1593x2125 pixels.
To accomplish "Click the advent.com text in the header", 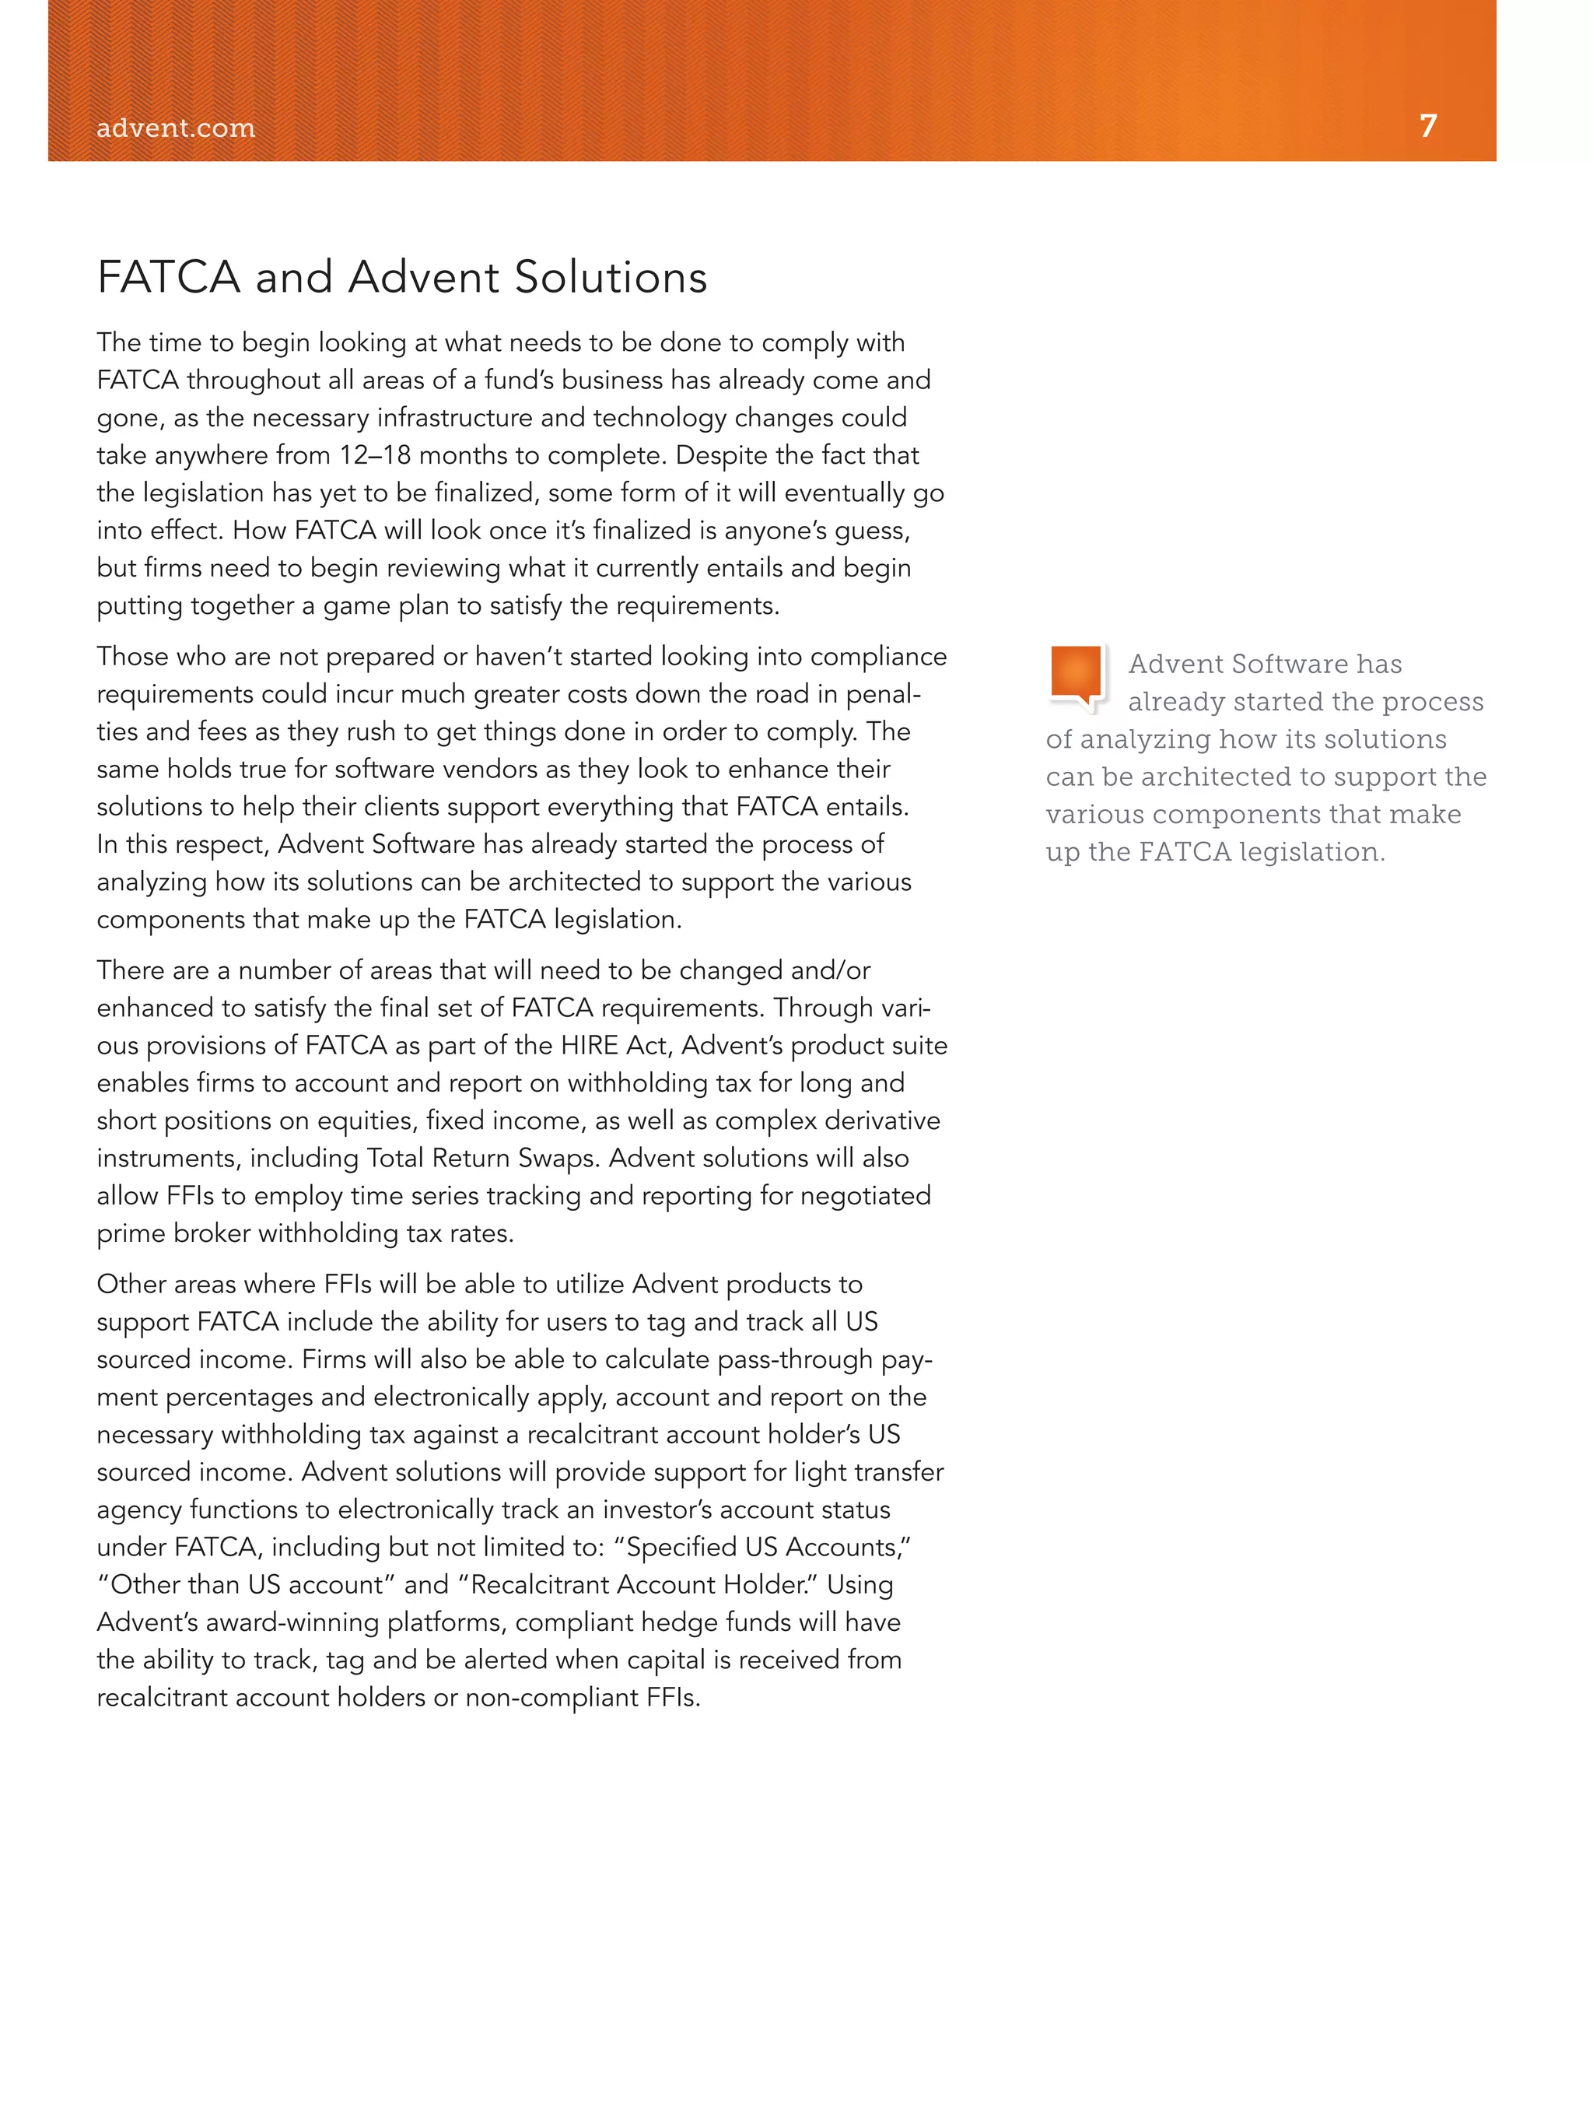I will pyautogui.click(x=176, y=128).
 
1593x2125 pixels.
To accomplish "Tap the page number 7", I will pyautogui.click(x=1428, y=126).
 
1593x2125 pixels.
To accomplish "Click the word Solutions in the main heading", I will pyautogui.click(x=611, y=278).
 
